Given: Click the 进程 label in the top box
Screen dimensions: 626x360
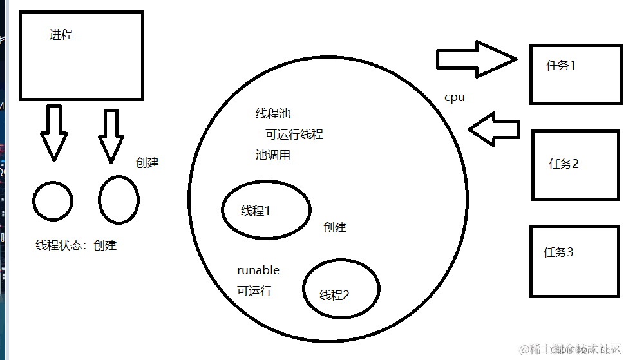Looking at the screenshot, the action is coord(61,35).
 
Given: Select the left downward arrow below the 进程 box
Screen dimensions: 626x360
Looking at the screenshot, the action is coord(53,132).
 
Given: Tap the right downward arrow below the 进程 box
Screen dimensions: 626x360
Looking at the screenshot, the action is coord(111,135).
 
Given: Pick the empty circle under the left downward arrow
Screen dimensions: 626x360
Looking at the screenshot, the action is coord(53,201).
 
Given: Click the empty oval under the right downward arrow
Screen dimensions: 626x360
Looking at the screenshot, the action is coord(119,200).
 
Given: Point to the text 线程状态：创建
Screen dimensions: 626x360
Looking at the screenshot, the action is coord(76,245).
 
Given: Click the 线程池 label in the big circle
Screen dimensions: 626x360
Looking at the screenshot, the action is coord(273,114).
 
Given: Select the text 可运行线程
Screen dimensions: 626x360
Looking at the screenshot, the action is coord(294,135).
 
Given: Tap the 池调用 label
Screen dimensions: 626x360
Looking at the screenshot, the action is coord(273,155).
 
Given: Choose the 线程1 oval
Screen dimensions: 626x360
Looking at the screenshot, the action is coord(266,210).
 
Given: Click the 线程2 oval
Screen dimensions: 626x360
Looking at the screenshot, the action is coord(341,289).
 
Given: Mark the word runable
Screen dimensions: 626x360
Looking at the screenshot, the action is coord(258,270).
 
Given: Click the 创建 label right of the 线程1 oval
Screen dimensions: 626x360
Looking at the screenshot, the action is coord(335,227).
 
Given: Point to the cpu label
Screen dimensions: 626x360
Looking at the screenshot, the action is coord(455,98).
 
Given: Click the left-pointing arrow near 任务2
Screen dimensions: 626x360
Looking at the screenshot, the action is coord(494,129).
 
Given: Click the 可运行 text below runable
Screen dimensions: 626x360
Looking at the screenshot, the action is coord(254,291).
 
